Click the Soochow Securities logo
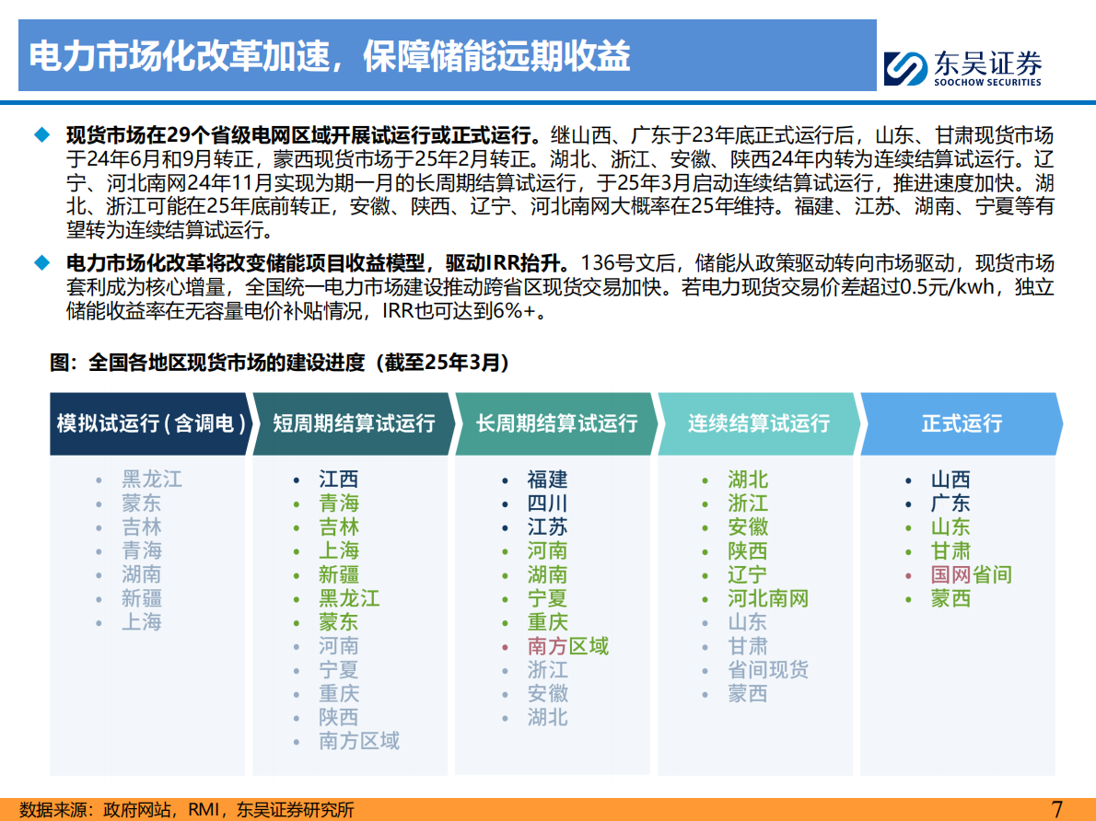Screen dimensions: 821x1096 (x=962, y=67)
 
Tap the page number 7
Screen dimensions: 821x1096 (x=1057, y=809)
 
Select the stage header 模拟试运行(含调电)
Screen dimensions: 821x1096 (x=151, y=423)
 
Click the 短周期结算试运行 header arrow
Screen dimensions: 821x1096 (x=354, y=423)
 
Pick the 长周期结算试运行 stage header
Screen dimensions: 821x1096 (x=556, y=423)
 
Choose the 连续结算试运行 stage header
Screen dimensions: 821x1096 (x=759, y=423)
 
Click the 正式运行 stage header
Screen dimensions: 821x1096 (x=962, y=423)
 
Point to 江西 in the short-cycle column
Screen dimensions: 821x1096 (x=338, y=480)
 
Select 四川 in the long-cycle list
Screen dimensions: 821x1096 (x=547, y=503)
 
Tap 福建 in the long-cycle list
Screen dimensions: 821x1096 (x=547, y=480)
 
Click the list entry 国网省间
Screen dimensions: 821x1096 (x=971, y=575)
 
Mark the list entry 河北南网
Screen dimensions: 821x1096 (x=767, y=599)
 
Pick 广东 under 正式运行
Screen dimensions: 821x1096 (x=950, y=503)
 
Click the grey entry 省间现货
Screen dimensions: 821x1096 (x=767, y=670)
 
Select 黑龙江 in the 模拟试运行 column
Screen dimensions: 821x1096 (x=152, y=480)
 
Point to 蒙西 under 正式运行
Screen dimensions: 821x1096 (x=950, y=599)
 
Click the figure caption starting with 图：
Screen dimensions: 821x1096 (x=279, y=363)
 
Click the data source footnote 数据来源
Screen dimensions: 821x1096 (x=187, y=810)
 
